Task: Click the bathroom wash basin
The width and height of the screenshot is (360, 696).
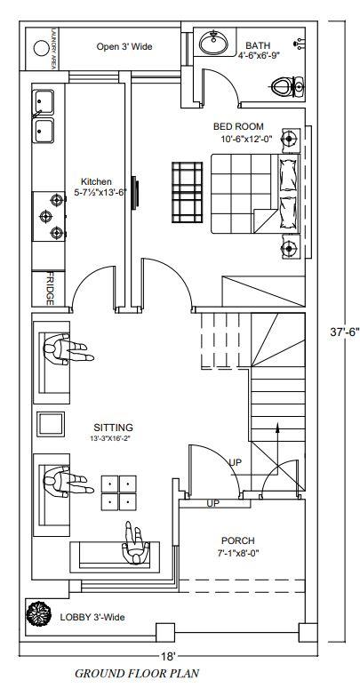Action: pyautogui.click(x=213, y=43)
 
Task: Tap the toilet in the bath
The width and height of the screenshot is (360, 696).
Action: pyautogui.click(x=288, y=86)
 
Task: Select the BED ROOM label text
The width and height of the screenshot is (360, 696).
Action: pyautogui.click(x=238, y=126)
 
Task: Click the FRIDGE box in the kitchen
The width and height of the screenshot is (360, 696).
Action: pyautogui.click(x=49, y=289)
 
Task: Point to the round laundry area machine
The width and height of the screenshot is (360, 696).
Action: pyautogui.click(x=41, y=48)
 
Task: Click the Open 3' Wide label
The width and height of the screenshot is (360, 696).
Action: pyautogui.click(x=124, y=46)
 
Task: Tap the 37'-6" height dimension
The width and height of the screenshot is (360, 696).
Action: pyautogui.click(x=345, y=332)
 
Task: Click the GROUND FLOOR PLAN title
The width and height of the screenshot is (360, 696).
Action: pyautogui.click(x=137, y=674)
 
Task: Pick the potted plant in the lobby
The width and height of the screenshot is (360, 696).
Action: pyautogui.click(x=38, y=613)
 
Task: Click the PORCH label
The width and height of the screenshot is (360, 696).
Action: pyautogui.click(x=238, y=540)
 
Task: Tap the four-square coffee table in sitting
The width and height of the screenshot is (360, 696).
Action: pyautogui.click(x=119, y=492)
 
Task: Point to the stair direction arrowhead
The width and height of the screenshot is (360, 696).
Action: pyautogui.click(x=277, y=427)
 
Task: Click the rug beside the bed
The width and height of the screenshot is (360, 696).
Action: pyautogui.click(x=187, y=192)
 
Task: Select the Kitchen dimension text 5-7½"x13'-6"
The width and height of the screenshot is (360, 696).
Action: pyautogui.click(x=100, y=193)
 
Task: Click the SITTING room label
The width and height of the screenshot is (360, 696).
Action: pyautogui.click(x=113, y=428)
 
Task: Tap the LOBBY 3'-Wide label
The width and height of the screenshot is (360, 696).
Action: pyautogui.click(x=92, y=617)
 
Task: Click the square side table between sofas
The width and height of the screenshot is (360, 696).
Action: pyautogui.click(x=51, y=424)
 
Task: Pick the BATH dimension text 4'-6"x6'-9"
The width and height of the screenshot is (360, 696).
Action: pyautogui.click(x=259, y=55)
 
